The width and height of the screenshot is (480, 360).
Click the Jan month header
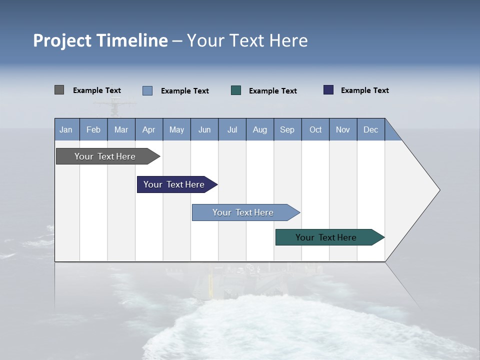(x=66, y=129)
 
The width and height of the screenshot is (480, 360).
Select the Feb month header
(x=93, y=129)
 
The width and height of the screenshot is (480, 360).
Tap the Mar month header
(x=121, y=129)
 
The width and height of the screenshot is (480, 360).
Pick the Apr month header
(x=149, y=129)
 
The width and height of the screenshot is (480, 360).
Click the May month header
(x=176, y=129)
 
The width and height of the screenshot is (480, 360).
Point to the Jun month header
(x=204, y=129)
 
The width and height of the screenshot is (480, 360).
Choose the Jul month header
(x=232, y=129)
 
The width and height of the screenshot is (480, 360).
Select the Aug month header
(x=260, y=129)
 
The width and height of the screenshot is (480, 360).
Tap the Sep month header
(x=287, y=129)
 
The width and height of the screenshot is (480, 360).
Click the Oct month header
(x=315, y=129)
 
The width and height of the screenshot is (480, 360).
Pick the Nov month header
(x=343, y=129)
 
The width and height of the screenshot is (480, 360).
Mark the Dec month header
(x=371, y=129)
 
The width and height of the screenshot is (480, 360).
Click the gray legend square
(x=59, y=90)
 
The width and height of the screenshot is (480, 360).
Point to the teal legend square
(x=236, y=90)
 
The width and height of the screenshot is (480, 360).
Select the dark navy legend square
(x=328, y=90)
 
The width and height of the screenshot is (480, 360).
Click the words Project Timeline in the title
(x=100, y=40)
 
